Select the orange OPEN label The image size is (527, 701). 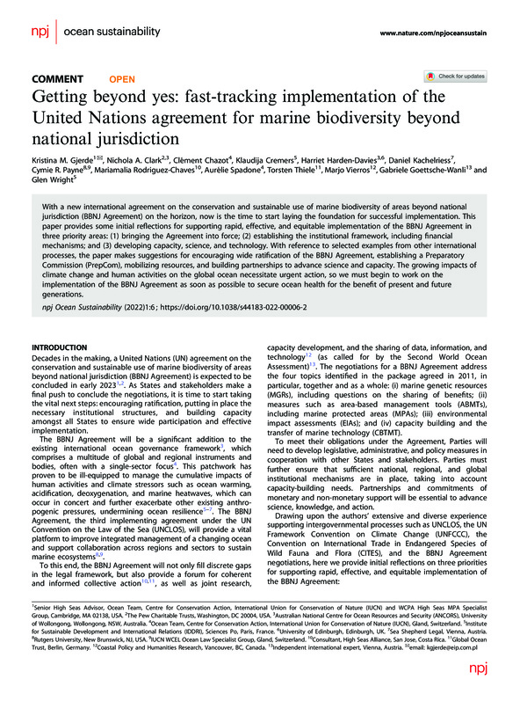(122, 79)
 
